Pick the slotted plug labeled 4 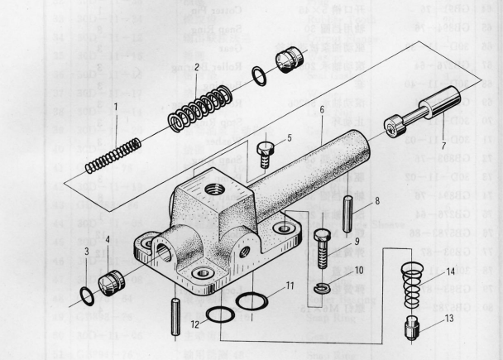pos(111,282)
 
